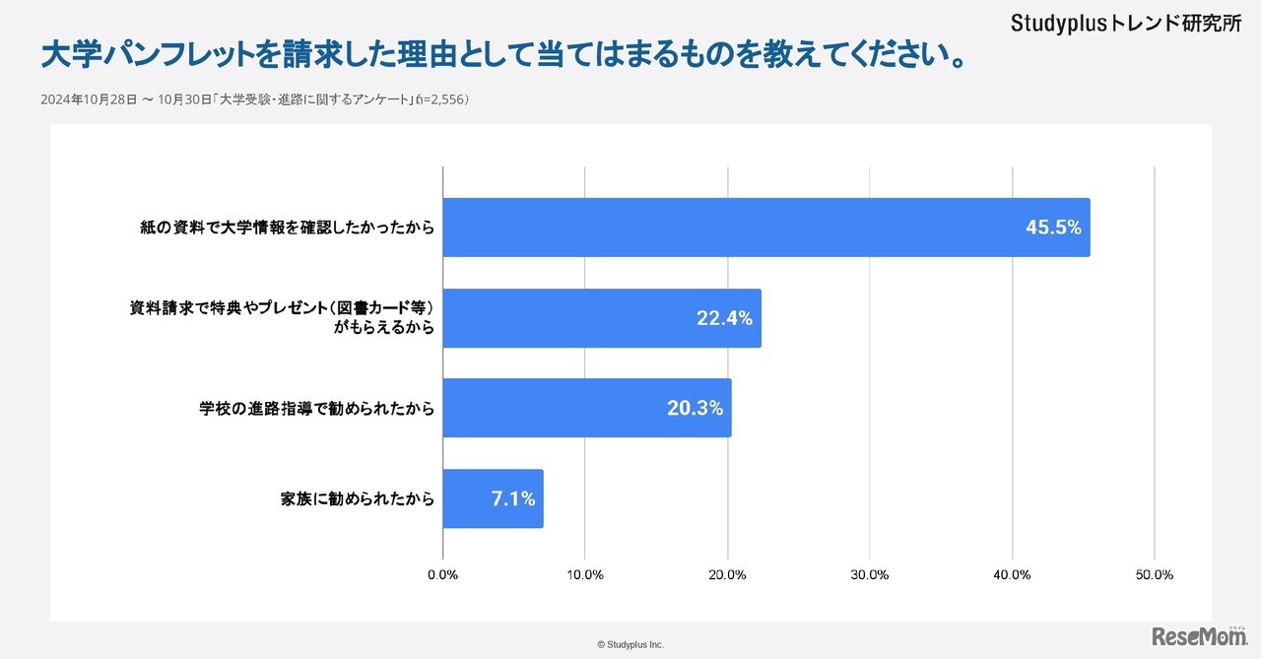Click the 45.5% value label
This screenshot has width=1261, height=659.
[1053, 228]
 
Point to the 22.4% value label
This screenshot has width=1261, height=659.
[724, 318]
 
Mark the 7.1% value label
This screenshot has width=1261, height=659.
[513, 499]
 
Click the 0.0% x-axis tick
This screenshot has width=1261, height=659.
[442, 575]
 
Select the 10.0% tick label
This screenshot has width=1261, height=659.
[585, 575]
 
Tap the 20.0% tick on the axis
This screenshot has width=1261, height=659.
[727, 575]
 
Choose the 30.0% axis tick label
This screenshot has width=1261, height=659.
[870, 575]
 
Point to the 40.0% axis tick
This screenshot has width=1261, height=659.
[1012, 575]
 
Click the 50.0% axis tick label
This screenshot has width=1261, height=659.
[1154, 575]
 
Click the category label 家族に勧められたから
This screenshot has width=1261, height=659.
[358, 499]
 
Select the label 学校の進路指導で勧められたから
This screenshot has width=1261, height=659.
[317, 408]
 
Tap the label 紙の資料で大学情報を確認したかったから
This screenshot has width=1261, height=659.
[288, 228]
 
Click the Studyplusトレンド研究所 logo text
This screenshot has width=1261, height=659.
[1126, 24]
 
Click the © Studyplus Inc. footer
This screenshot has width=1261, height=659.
[630, 644]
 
